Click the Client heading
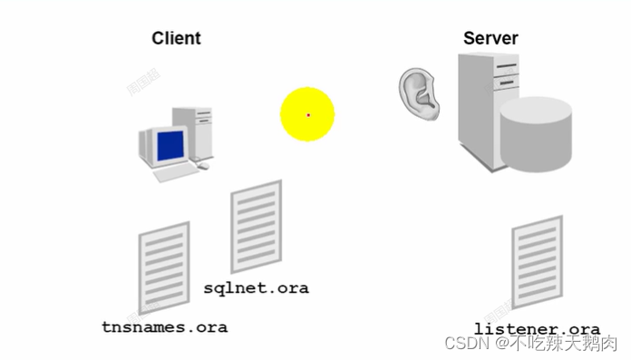coord(176,38)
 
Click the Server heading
coord(490,38)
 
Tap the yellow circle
coord(307,114)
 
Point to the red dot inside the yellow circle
coord(308,114)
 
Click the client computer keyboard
coord(174,172)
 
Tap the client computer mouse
coord(203,166)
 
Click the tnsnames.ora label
coord(163,326)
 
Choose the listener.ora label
coord(537,328)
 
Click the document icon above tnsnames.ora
coord(163,268)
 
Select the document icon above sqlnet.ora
coord(257,226)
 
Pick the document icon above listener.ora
coord(538,263)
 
